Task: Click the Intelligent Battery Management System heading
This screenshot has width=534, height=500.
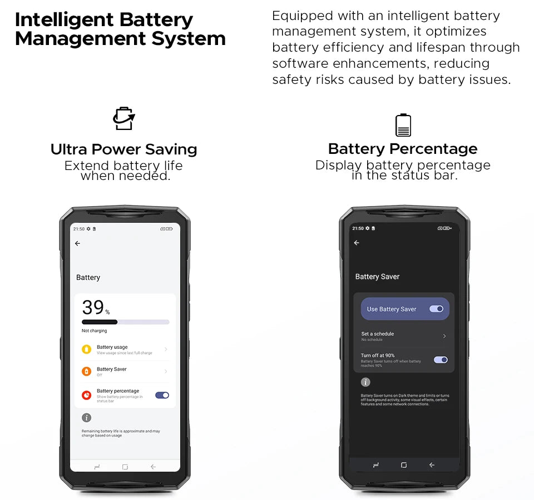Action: pos(120,29)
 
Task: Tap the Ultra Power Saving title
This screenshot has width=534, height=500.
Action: pos(123,149)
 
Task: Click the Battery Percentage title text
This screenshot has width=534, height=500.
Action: pos(403,149)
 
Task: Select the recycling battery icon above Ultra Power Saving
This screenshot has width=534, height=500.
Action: pos(123,119)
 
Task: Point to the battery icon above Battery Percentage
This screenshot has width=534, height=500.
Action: pos(403,125)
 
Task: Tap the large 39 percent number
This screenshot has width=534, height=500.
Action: pos(93,307)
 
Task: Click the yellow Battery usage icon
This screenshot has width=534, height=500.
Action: pos(86,349)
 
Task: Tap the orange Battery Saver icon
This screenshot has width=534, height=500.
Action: pos(86,371)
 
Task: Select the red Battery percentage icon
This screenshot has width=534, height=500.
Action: pos(86,395)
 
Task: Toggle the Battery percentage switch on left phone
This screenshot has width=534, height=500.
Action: pos(162,395)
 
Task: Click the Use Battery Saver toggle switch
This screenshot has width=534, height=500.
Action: pos(437,309)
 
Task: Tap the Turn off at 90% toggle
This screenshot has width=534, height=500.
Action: pos(441,360)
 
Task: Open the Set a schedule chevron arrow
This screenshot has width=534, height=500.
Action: pos(444,336)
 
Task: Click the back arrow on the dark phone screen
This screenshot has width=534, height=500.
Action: pos(357,243)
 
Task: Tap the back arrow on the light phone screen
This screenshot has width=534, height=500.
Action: pos(77,243)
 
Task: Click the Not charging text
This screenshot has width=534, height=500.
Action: pos(94,331)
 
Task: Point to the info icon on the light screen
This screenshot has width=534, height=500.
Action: pos(86,418)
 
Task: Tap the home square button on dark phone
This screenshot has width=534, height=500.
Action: pos(404,465)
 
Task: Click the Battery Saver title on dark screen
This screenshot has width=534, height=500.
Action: pos(377,277)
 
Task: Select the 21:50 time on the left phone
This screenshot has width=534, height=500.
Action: pos(79,229)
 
